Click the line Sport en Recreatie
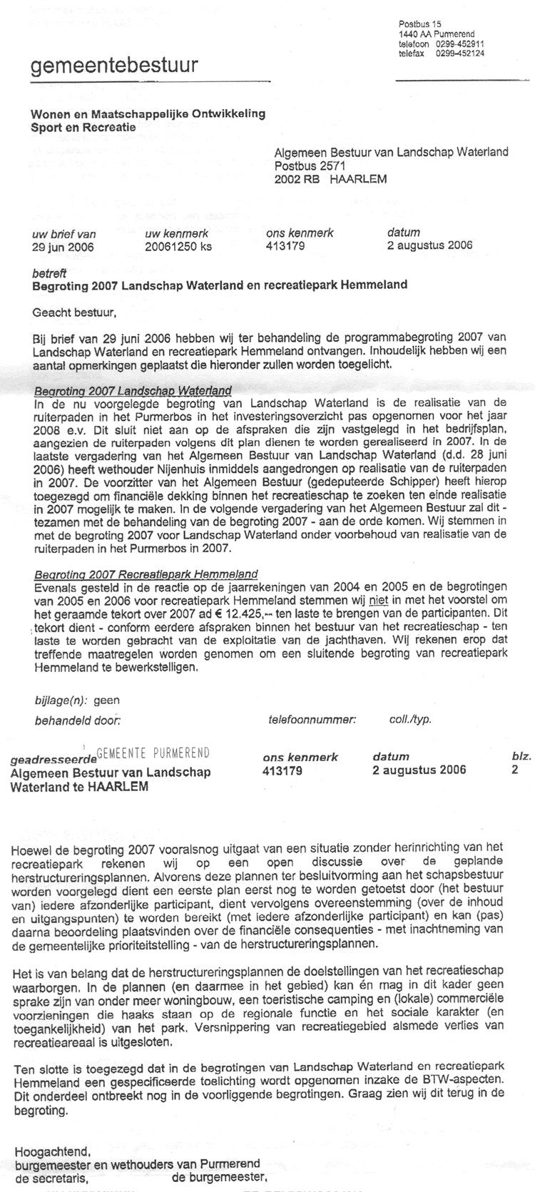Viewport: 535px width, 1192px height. pos(83,127)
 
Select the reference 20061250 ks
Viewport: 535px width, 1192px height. pos(178,247)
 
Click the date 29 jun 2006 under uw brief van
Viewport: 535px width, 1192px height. pos(63,247)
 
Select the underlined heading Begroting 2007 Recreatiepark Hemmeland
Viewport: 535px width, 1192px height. pos(146,574)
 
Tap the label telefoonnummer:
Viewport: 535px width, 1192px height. pos(312,720)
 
